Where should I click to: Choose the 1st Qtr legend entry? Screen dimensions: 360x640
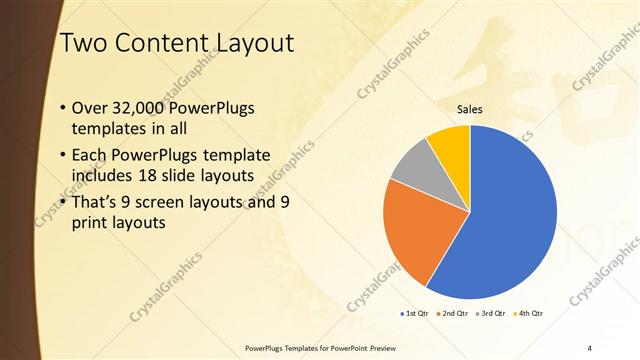[x=413, y=314]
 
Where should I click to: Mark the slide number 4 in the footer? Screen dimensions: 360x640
[x=590, y=347]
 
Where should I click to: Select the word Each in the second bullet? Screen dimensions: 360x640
[x=90, y=155]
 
